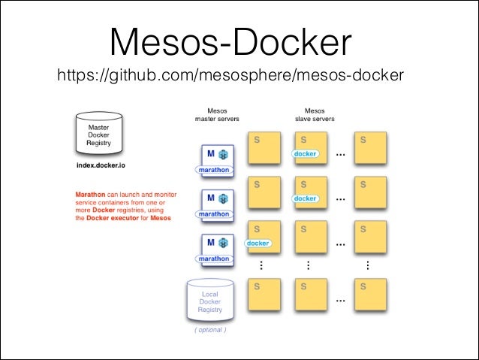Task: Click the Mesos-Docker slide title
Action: coord(230,43)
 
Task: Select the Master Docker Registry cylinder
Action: coord(98,135)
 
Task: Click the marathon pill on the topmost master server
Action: coord(214,170)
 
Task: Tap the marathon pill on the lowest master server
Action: coord(214,259)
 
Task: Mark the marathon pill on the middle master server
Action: coord(214,214)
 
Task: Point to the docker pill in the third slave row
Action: coord(258,244)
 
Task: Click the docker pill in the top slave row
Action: coord(305,154)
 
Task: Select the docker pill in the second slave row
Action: coord(305,198)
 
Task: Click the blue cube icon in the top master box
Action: coord(223,154)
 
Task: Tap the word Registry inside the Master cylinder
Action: coord(98,143)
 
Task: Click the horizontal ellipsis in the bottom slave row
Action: coord(340,300)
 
